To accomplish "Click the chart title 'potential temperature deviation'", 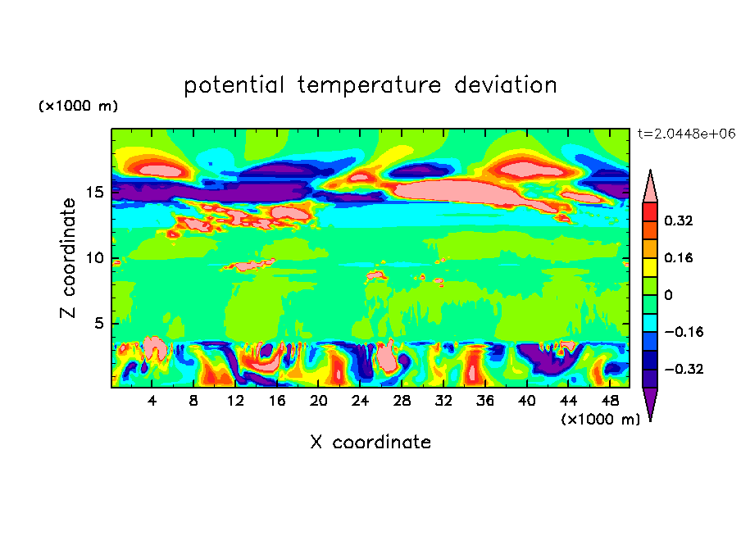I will (370, 86).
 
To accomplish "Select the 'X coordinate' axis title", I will (370, 443).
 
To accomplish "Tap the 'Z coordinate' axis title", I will (69, 258).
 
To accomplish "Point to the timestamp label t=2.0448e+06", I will (686, 134).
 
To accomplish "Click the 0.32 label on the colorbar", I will (680, 220).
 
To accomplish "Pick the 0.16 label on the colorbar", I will (680, 257).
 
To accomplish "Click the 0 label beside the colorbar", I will (668, 295).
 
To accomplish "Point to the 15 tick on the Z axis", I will (95, 193).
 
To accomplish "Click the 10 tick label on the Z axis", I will (95, 258).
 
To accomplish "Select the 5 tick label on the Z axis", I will (99, 324).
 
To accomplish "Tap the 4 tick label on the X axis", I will (152, 401).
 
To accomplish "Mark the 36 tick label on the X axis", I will (484, 401).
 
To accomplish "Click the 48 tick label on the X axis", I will (609, 401).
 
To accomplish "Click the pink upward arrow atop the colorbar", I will (650, 186).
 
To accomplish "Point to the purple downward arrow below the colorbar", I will (650, 403).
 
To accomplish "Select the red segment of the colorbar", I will (650, 211).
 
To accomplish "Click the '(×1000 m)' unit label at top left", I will (78, 107).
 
